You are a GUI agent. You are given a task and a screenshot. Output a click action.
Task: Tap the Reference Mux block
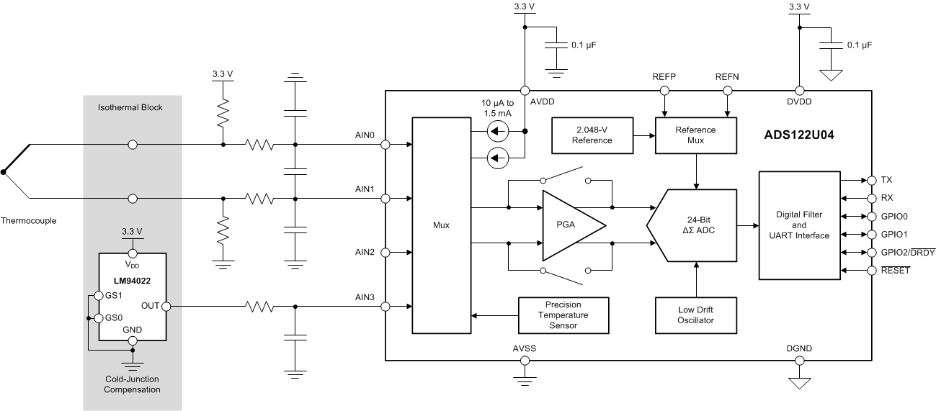[695, 135]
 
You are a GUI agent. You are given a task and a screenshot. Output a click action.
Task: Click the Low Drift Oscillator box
[695, 315]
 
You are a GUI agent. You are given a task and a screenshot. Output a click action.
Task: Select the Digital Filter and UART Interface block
[798, 225]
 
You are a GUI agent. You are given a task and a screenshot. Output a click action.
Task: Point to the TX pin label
[886, 180]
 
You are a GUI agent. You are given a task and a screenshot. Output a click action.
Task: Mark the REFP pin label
[664, 77]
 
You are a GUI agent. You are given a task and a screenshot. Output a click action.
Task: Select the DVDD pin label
[798, 102]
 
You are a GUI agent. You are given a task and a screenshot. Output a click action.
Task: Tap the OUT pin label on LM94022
[150, 307]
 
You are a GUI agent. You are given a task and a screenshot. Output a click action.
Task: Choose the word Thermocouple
[30, 221]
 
